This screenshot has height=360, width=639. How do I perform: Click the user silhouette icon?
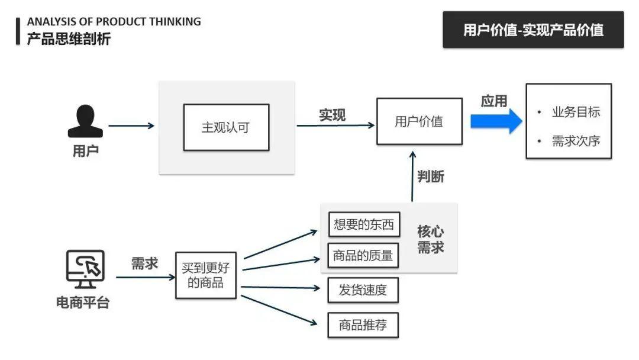tap(85, 121)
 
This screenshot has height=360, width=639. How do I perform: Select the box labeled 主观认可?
tap(226, 127)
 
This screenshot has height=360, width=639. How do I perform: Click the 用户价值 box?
tap(419, 121)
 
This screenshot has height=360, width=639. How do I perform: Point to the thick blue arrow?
tap(496, 121)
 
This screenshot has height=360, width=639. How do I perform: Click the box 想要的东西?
tap(363, 224)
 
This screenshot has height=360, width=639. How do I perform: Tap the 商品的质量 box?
tap(363, 255)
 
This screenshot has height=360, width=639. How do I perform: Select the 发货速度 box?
tap(363, 290)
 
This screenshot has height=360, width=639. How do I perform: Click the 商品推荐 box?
tap(363, 324)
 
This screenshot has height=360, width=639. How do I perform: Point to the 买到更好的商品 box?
tap(205, 275)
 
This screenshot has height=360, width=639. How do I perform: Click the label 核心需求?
tap(431, 239)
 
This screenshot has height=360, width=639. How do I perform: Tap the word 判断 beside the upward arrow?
tap(431, 176)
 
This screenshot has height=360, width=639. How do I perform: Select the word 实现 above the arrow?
tap(332, 115)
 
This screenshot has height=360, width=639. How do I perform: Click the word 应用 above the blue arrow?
tap(493, 101)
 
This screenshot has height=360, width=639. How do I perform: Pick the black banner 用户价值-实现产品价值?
tap(532, 30)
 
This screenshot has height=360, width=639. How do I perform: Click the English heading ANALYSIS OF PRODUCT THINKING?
tap(114, 22)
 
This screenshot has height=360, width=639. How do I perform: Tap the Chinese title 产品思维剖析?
tap(69, 39)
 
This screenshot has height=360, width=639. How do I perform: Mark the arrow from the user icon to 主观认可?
tap(131, 126)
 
